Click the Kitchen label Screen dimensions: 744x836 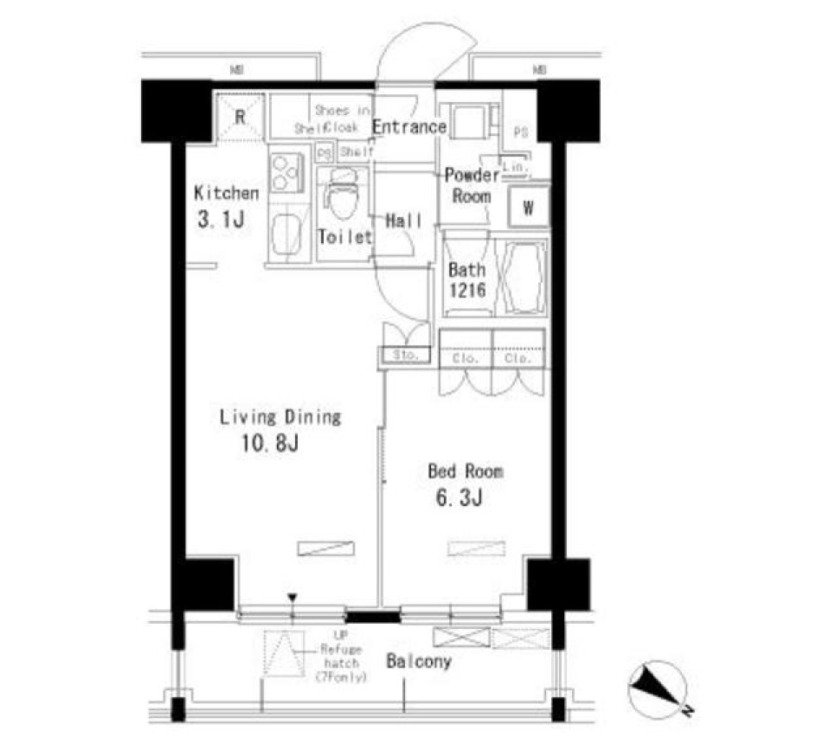point(226,193)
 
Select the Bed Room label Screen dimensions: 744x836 point(465,472)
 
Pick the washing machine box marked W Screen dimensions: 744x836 point(529,207)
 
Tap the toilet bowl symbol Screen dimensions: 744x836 point(340,200)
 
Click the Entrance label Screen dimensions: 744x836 point(409,127)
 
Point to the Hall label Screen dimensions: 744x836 point(403,221)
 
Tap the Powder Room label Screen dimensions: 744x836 point(472,186)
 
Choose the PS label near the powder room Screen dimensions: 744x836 point(522,133)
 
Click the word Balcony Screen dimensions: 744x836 point(419,662)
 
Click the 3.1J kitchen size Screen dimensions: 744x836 point(219,220)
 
